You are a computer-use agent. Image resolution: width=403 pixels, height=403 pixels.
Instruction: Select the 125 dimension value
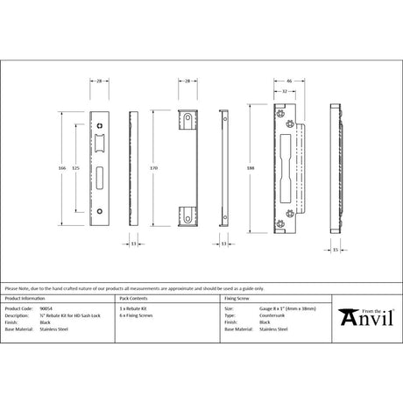(x=77, y=162)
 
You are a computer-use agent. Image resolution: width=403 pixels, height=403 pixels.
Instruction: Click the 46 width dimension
(x=288, y=80)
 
